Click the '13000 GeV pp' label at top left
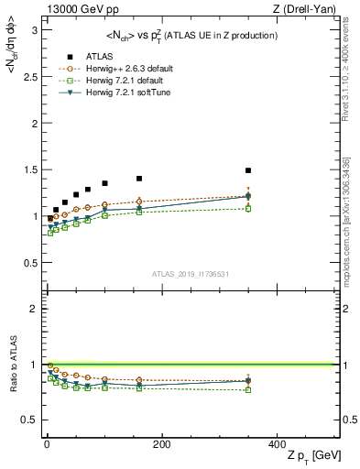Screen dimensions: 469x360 point(76,8)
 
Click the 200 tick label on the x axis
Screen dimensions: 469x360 point(161,444)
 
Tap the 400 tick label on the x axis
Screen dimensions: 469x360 point(276,444)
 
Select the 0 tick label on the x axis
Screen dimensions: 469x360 point(47,444)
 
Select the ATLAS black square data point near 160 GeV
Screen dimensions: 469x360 point(139,179)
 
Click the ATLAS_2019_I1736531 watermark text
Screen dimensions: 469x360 point(191,273)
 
